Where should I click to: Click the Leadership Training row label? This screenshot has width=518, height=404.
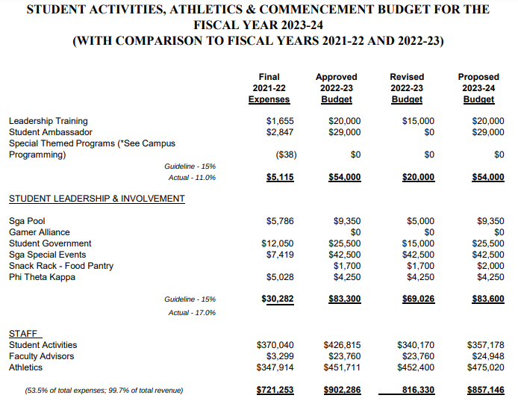pos(48,121)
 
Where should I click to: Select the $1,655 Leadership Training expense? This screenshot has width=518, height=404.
pos(280,121)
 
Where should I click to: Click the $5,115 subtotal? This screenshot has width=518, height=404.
pos(280,177)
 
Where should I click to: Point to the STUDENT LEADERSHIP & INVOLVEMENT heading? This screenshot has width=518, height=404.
pos(96,199)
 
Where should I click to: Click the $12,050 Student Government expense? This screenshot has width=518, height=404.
pos(277,243)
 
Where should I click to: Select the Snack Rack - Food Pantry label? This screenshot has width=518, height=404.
pos(61,266)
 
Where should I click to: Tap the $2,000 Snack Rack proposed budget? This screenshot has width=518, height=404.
pos(490,266)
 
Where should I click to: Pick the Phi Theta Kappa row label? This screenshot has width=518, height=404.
pos(42,277)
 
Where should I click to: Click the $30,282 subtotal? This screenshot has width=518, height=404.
pos(277,299)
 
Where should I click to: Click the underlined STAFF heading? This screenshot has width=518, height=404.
pos(25,334)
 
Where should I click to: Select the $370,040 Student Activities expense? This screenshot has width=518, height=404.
pos(275,345)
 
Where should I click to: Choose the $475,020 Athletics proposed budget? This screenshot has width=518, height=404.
pos(485,367)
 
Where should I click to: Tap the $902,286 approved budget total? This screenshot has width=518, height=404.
pos(343,390)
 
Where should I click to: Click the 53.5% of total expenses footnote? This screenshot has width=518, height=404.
pos(104,390)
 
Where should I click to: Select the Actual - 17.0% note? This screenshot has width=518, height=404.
pos(192,312)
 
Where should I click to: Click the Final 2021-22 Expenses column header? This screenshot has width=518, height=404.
pos(269,88)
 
